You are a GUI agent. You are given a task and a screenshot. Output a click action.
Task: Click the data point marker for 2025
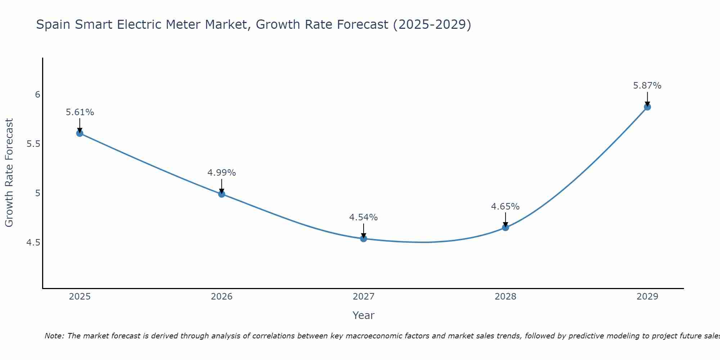point(80,133)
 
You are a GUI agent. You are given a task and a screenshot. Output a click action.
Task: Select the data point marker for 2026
point(222,194)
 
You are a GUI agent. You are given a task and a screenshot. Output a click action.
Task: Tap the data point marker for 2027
point(364,239)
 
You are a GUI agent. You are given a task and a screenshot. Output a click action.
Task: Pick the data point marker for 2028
point(505,228)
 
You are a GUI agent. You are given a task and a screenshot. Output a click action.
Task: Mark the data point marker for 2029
point(647,107)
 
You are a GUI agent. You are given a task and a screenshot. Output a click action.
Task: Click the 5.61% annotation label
point(80,112)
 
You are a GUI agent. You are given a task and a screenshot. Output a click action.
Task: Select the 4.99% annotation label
point(222,173)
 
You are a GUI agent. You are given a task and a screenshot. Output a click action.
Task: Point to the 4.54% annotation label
point(364,217)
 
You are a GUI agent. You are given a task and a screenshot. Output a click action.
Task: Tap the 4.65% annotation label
point(505,207)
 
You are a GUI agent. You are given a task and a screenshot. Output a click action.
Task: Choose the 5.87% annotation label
point(647,86)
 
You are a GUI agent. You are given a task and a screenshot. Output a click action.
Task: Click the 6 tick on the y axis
point(37,95)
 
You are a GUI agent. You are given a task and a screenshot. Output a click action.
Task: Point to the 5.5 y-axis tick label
point(33,144)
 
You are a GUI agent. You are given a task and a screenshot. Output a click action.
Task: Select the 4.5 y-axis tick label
point(33,243)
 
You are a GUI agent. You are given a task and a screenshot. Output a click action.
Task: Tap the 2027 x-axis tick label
point(364,297)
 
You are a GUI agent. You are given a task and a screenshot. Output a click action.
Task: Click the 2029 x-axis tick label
point(647,297)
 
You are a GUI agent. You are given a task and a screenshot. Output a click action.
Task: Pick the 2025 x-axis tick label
point(80,297)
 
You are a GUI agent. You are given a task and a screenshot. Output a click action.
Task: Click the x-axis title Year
point(364,315)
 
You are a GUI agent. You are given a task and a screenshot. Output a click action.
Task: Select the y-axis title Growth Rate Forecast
point(9,173)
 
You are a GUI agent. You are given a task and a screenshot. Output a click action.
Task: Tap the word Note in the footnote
point(53,336)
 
